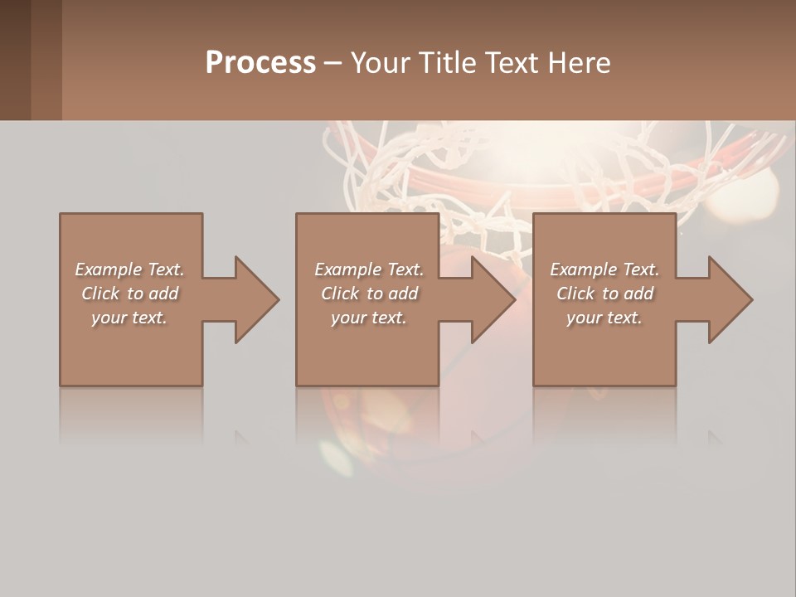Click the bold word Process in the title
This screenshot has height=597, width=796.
tap(260, 63)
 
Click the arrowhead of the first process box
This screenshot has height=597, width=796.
tap(256, 299)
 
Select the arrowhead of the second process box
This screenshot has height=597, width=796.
tap(493, 299)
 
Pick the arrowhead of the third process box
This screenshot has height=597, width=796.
tap(730, 299)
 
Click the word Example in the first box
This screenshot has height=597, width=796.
tap(109, 269)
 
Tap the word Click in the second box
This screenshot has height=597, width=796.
tap(339, 294)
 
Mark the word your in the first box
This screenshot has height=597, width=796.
tap(109, 318)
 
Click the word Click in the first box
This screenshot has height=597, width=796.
tap(99, 294)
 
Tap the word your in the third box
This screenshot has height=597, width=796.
tap(584, 318)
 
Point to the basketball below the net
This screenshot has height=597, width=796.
tap(498, 348)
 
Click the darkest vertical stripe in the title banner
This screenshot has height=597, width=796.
tap(15, 60)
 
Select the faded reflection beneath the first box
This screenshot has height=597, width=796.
tap(131, 415)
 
